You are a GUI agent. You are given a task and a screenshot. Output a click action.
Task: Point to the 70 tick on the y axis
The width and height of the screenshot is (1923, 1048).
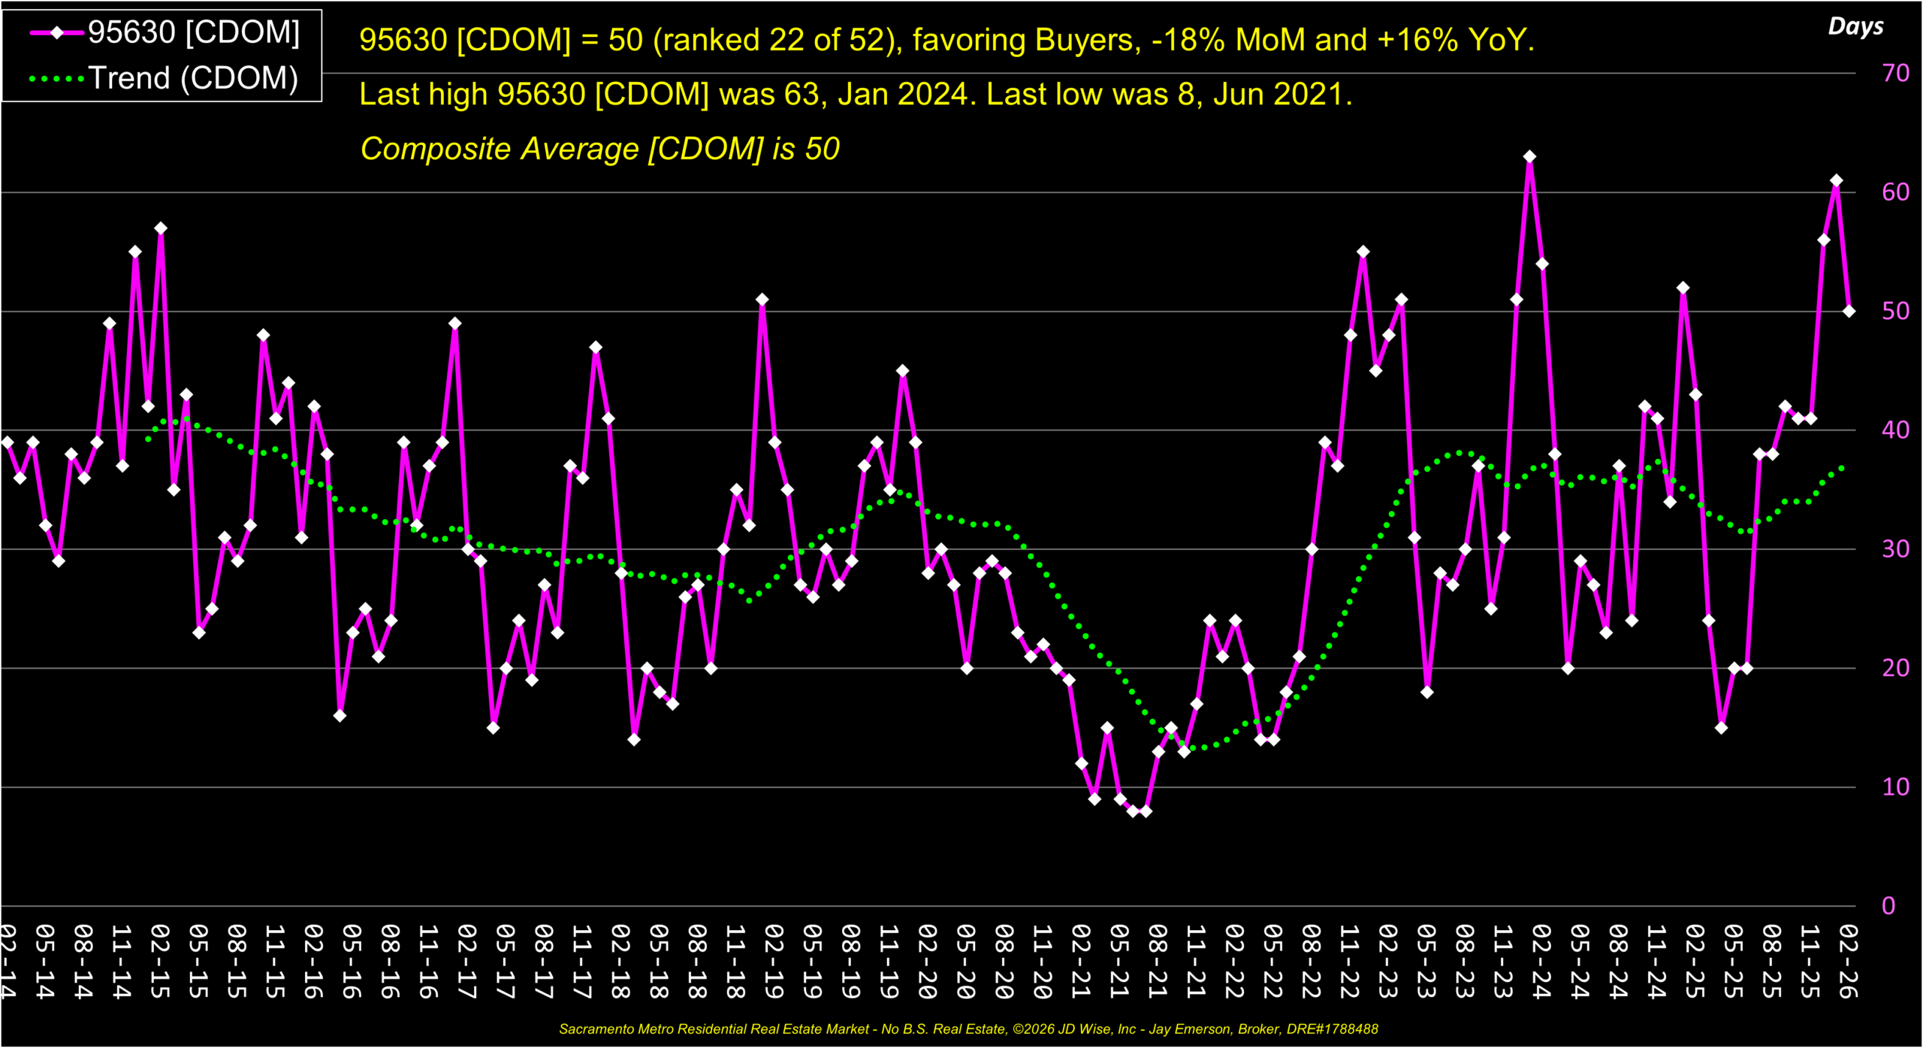coord(1894,73)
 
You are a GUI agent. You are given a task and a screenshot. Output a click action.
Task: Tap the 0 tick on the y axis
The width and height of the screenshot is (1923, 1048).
coord(1888,905)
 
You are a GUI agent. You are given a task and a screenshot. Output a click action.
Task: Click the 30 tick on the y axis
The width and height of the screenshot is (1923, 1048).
coord(1894,549)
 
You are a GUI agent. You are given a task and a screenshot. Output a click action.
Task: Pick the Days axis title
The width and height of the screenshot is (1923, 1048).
coord(1855,26)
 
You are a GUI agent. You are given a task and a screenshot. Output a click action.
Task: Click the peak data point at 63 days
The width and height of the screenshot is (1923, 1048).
coord(1529,157)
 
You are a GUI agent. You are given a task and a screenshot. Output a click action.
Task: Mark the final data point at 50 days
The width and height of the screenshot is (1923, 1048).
coord(1849,311)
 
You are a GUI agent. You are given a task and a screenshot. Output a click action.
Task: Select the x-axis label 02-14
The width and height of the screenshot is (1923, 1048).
coord(8,962)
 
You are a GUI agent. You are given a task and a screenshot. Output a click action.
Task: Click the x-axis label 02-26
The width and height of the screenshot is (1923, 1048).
coord(1848,962)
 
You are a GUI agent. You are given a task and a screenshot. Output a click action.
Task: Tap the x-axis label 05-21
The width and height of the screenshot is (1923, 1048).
coord(1118,962)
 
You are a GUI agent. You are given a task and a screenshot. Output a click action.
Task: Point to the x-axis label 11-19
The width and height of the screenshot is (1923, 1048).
coord(889,962)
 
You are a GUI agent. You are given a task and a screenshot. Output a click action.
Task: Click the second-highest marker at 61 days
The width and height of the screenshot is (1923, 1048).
coord(1836,181)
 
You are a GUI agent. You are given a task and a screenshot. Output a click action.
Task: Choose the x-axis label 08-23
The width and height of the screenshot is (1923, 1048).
coord(1464,962)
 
